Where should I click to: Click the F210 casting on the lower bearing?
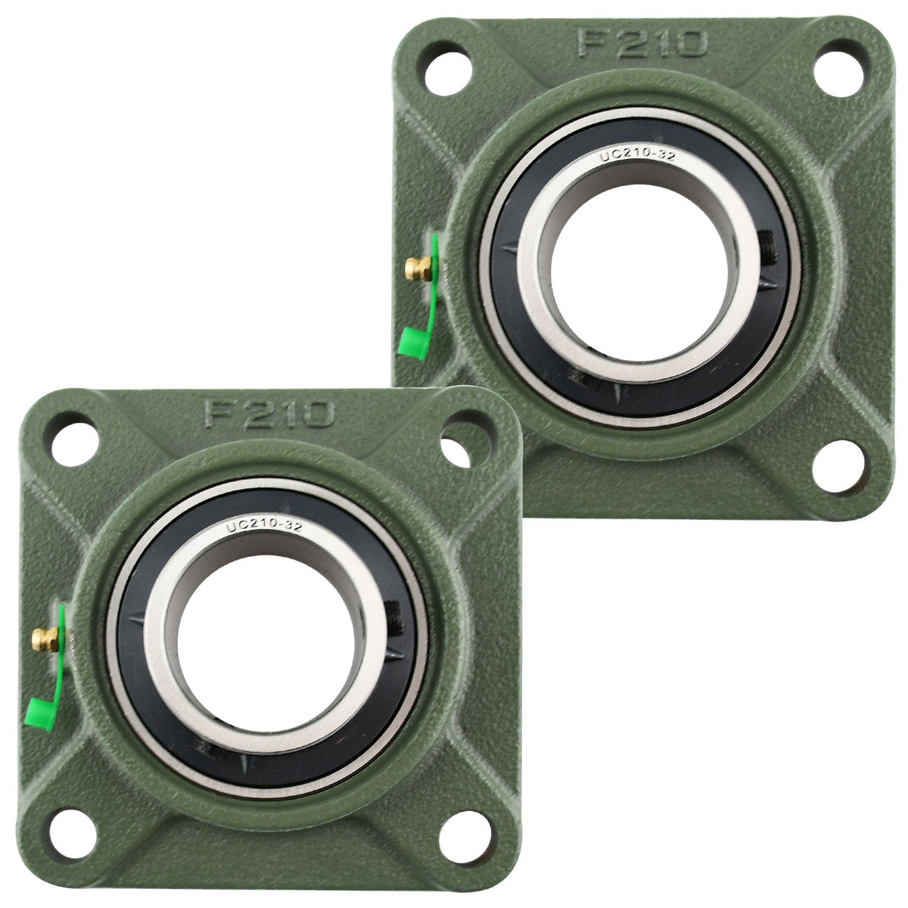pos(269,413)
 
